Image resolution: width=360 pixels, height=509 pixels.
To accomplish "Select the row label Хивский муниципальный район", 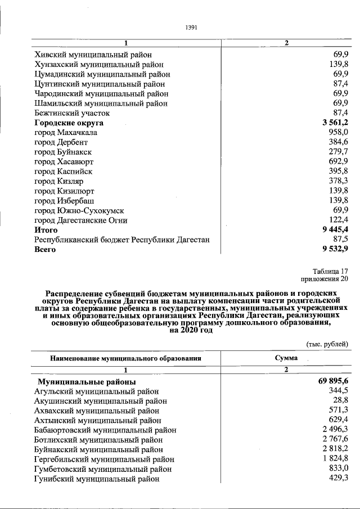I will [93, 55].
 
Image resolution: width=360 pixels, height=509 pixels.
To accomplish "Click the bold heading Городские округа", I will [69, 123].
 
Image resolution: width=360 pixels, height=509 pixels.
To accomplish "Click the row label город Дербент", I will [61, 142].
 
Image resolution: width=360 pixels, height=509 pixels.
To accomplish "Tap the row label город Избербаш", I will [64, 200].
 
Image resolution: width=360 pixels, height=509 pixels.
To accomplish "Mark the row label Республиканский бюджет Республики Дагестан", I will [122, 240].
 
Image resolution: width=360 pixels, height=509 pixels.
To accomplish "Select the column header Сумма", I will [286, 358].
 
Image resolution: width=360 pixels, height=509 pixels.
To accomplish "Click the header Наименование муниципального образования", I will [125, 358].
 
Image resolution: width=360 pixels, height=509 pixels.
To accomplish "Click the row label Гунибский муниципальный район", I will [96, 479].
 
